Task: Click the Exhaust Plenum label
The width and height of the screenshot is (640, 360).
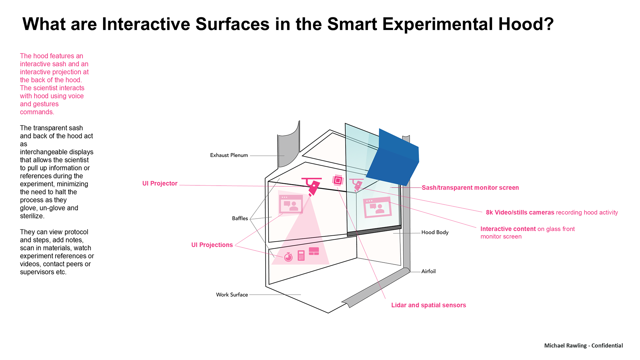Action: pos(229,155)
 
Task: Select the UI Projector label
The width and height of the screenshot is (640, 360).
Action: pos(160,183)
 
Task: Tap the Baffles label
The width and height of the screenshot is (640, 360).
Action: pos(240,218)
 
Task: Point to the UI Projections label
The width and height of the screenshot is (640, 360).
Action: pos(212,245)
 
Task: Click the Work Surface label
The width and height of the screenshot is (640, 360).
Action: pos(232,295)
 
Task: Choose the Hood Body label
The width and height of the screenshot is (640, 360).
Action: pos(435,232)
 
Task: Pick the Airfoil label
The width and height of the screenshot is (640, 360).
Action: pos(428,271)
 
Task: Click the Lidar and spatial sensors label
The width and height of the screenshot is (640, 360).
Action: pos(428,305)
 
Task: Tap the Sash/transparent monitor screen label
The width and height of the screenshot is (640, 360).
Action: pos(470,188)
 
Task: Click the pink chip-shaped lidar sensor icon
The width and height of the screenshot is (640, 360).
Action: pos(338,180)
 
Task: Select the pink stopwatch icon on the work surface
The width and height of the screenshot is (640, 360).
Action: pos(288,257)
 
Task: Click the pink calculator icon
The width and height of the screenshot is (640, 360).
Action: pos(301,255)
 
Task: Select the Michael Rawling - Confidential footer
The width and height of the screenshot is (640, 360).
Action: pos(583,346)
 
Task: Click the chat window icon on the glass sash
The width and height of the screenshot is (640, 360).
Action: pos(377,207)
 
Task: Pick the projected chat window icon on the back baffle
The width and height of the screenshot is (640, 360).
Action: pos(291,204)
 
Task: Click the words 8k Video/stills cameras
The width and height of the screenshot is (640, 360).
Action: pos(520,212)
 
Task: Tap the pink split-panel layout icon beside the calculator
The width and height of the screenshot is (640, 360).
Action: pos(314,251)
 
